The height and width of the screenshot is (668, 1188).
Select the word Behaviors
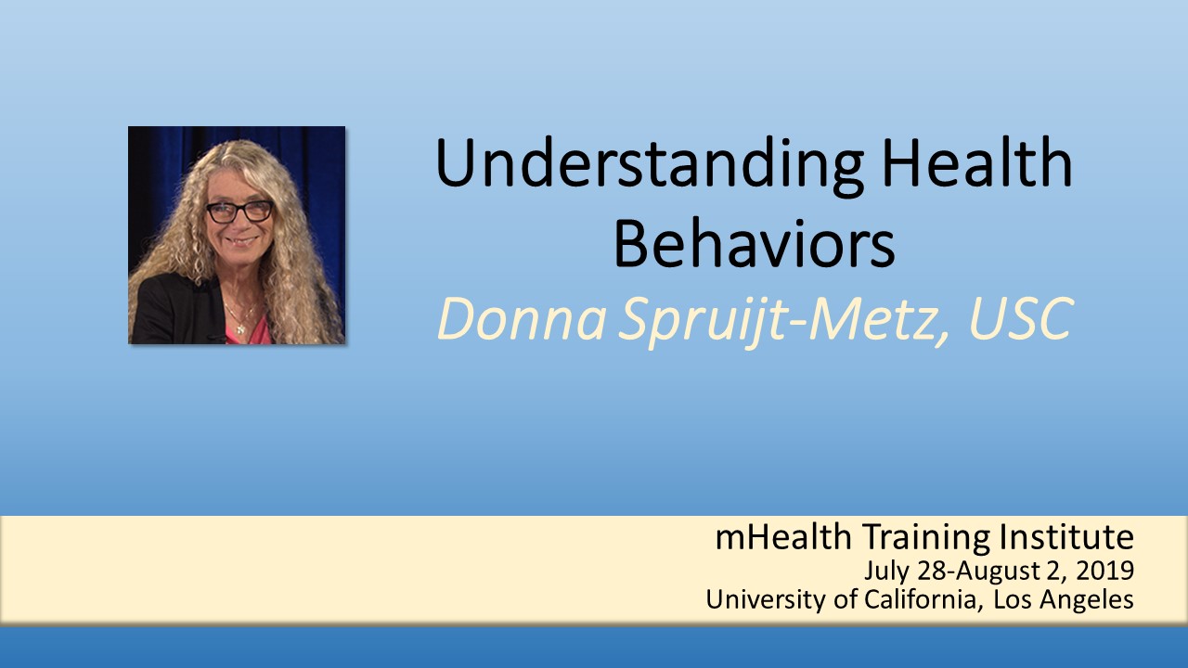coord(755,245)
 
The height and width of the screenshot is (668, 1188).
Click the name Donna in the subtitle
coord(522,320)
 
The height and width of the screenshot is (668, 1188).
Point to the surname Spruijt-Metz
coord(781,322)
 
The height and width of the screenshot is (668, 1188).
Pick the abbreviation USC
coord(1021,318)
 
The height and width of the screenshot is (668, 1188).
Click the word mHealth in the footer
coord(783,537)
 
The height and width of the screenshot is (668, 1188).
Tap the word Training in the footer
coord(925,539)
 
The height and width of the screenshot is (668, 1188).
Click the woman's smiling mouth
coord(242,241)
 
